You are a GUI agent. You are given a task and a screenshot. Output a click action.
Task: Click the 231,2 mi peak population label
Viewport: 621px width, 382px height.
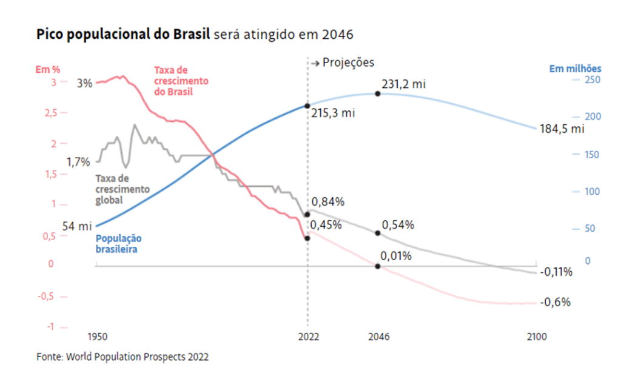pos(403,84)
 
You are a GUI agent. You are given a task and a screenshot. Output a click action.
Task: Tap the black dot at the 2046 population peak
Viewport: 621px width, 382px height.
pos(377,93)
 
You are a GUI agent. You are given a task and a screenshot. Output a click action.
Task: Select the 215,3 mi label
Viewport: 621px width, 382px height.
pos(333,113)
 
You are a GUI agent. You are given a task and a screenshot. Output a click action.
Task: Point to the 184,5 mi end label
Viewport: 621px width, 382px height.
pos(562,129)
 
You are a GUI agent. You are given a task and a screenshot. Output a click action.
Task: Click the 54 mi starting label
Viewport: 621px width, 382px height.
pos(76,226)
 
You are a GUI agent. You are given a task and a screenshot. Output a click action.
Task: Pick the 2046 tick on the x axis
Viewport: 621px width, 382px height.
pos(378,337)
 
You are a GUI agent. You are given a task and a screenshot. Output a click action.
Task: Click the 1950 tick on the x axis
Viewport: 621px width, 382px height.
pos(97,337)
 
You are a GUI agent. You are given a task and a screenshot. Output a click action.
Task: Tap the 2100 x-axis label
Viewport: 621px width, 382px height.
pos(536,337)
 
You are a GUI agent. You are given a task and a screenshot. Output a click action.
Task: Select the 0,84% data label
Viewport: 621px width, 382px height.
pos(328,202)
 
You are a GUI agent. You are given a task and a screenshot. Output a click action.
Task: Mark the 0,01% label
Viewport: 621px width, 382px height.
pos(397,256)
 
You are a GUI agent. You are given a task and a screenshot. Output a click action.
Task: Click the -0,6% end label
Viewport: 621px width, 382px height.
pos(555,302)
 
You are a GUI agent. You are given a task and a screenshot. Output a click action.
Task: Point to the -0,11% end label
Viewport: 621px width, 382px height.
pos(556,272)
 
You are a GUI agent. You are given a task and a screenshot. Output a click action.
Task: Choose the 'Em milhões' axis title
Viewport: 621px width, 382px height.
pos(575,69)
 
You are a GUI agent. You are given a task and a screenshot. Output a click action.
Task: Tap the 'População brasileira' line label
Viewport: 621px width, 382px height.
pos(118,244)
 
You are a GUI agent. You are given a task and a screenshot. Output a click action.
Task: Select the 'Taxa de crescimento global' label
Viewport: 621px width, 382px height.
pos(123,189)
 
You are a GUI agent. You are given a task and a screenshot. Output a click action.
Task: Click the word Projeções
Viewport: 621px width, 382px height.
pos(348,62)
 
